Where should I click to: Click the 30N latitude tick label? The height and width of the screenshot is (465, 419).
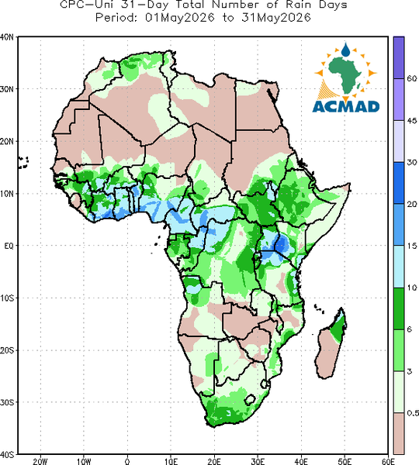pos(7,89)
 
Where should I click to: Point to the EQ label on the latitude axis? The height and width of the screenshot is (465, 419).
pos(9,246)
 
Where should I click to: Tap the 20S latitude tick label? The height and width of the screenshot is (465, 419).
pos(7,350)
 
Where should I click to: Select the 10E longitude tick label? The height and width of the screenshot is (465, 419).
pos(171,461)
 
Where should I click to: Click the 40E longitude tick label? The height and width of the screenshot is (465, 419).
pos(301,461)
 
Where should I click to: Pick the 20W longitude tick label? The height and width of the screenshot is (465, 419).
pos(40,461)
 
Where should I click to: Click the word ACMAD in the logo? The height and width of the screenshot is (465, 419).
pos(346,106)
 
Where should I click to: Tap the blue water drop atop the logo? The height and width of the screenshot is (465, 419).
pos(345,50)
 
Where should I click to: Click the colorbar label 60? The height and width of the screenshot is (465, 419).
pos(412,78)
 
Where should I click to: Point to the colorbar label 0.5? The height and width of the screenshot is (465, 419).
pos(413,413)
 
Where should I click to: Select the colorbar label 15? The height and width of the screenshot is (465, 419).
pos(412,246)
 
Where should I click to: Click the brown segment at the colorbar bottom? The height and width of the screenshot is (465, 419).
pos(399,433)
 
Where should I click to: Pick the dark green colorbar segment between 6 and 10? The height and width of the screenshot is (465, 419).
pos(399,308)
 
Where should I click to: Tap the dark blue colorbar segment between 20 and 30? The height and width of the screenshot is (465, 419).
pos(399,183)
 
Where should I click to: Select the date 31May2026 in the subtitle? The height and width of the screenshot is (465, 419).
pos(276,18)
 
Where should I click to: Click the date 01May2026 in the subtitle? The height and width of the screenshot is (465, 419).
pos(179,18)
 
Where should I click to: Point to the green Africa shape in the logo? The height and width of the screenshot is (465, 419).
pos(345,74)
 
